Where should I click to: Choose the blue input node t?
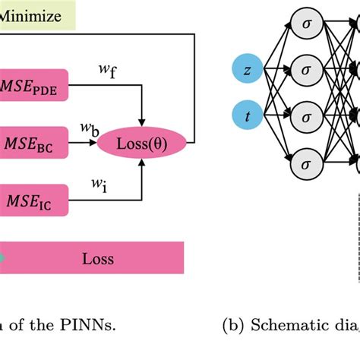click(x=248, y=116)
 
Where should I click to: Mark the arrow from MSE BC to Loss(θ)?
click(x=96, y=142)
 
